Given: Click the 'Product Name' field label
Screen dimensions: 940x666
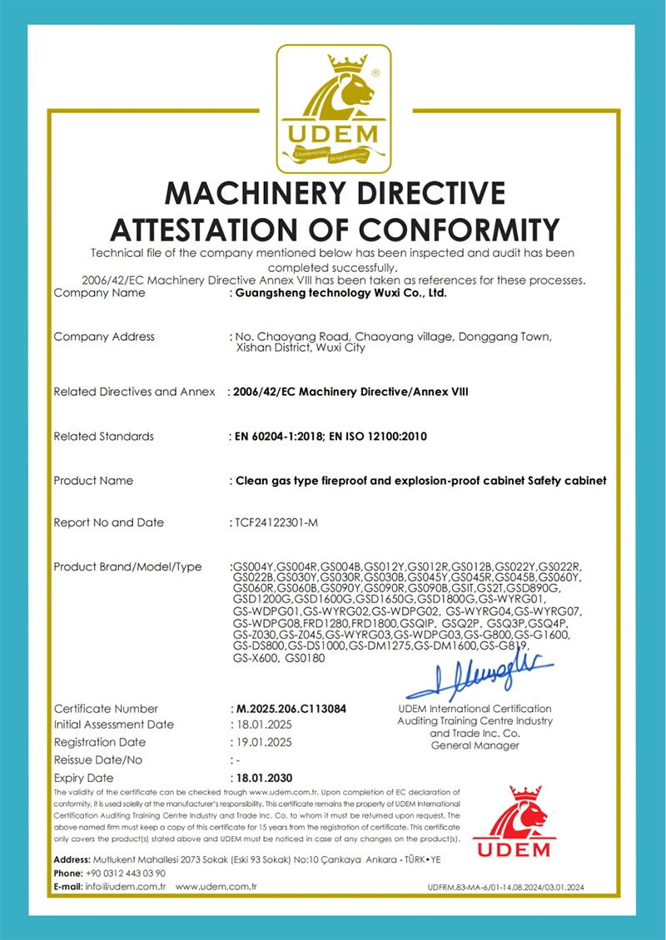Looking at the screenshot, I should click(93, 481).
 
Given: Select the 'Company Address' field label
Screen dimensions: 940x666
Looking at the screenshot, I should click(104, 337).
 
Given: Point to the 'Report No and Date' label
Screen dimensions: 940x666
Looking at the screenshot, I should click(108, 522).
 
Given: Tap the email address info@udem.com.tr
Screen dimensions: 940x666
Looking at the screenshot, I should click(126, 888).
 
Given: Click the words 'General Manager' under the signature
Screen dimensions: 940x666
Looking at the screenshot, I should click(475, 746).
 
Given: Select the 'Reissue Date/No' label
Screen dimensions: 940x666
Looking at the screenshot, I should click(98, 759).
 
